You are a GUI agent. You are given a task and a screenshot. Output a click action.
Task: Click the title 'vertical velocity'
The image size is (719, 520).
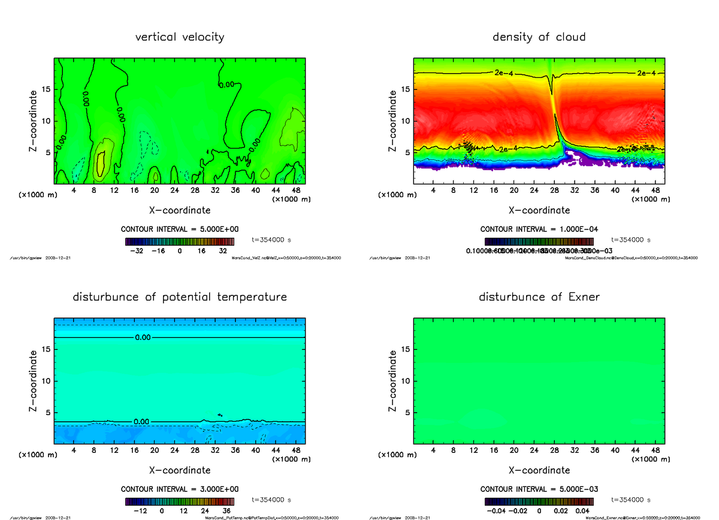pyautogui.click(x=180, y=37)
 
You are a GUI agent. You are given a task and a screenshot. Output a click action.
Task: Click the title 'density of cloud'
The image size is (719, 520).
pyautogui.click(x=539, y=37)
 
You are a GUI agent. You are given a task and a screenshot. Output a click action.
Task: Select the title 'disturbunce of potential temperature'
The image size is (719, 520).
pyautogui.click(x=180, y=297)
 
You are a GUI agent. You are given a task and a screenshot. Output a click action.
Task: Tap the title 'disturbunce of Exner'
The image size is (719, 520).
pyautogui.click(x=539, y=297)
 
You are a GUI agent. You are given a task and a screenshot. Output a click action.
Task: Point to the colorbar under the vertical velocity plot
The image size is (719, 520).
pyautogui.click(x=179, y=241)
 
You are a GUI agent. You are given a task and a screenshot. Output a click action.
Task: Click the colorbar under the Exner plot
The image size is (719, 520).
pyautogui.click(x=539, y=501)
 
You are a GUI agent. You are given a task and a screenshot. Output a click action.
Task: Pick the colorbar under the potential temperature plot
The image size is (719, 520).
pyautogui.click(x=179, y=501)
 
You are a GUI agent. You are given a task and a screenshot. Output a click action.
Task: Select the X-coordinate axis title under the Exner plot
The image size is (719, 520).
pyautogui.click(x=539, y=470)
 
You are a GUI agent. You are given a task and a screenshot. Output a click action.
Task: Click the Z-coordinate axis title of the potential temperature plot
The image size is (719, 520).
pyautogui.click(x=34, y=380)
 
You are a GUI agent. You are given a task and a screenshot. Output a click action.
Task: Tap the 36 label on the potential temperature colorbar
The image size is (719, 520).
pyautogui.click(x=227, y=511)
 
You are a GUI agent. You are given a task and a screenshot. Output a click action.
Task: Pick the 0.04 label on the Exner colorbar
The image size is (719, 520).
pyautogui.click(x=583, y=511)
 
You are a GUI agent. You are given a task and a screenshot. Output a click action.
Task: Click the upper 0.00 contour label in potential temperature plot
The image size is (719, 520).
pyautogui.click(x=143, y=337)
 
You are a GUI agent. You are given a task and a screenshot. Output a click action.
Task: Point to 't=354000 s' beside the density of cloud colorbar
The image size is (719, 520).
pyautogui.click(x=630, y=240)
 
